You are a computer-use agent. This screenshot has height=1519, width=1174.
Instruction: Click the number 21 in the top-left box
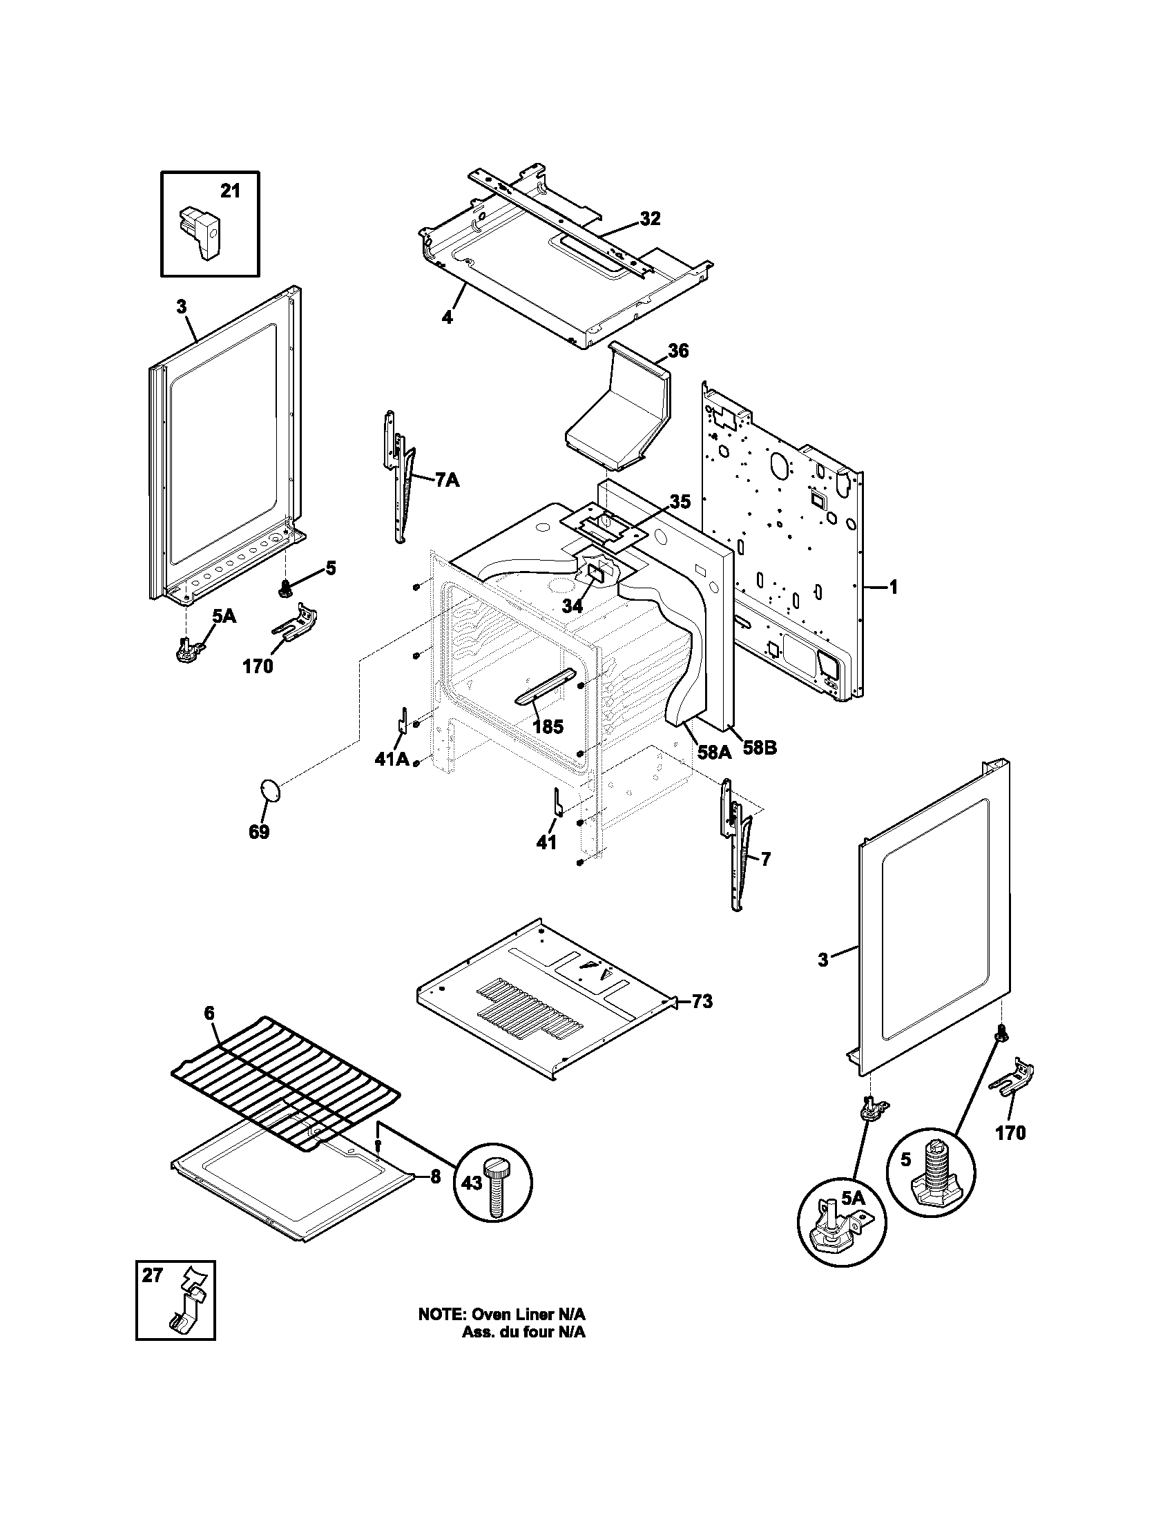[x=230, y=191]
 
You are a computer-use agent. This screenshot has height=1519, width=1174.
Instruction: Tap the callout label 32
[x=650, y=218]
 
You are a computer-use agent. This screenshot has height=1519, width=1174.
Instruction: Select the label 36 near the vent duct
[x=678, y=351]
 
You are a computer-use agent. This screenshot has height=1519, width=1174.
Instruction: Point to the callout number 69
[x=259, y=832]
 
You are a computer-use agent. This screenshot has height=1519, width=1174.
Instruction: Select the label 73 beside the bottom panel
[x=702, y=1003]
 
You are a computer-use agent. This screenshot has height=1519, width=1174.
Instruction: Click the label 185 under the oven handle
[x=548, y=727]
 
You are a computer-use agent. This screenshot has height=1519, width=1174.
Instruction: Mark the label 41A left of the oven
[x=392, y=759]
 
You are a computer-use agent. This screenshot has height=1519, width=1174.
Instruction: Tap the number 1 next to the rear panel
[x=894, y=588]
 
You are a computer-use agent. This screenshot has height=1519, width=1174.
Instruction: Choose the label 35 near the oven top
[x=680, y=501]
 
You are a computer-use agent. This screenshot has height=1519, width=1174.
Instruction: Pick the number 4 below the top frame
[x=448, y=317]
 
